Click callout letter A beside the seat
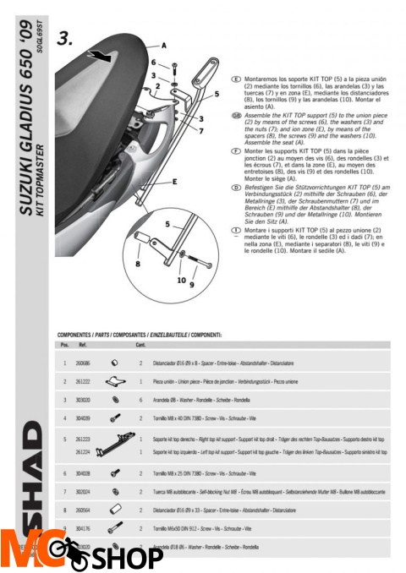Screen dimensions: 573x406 pos(163,43)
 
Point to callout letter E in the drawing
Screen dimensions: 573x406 pos(173,181)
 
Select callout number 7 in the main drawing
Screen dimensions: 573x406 pos(200,131)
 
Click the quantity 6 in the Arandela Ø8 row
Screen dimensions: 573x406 pos(140,399)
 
